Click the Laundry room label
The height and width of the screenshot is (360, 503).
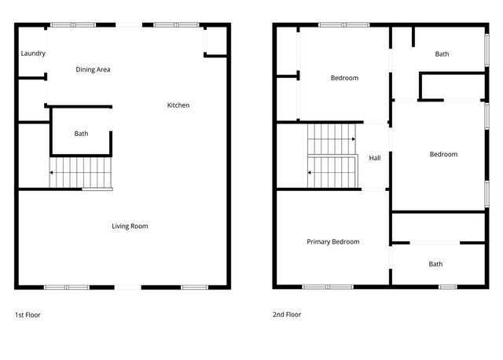[33, 53]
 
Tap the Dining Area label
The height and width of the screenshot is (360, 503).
[93, 70]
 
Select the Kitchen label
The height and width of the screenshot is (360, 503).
[178, 105]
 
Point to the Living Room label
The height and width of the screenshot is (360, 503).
[130, 226]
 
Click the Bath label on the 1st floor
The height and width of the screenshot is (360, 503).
[82, 134]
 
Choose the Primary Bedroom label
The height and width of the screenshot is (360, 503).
[333, 242]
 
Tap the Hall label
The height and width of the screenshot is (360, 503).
[375, 158]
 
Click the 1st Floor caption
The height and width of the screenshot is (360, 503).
[28, 314]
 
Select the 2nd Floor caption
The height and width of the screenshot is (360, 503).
[287, 314]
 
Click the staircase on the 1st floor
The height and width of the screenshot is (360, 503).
[81, 172]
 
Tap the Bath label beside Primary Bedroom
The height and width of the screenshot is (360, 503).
[435, 264]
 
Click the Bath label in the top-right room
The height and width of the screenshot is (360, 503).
[442, 54]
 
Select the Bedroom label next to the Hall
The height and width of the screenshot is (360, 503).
[443, 154]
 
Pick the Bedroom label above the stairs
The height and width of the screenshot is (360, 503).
[344, 78]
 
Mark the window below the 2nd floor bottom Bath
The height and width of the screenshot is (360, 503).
[447, 287]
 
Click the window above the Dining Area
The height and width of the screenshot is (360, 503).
[73, 24]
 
